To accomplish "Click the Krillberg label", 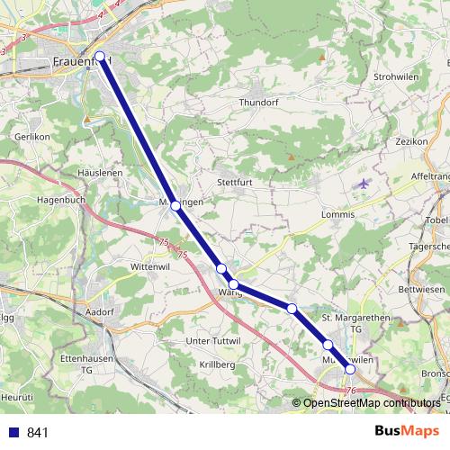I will pos(216,364).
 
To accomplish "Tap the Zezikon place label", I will pos(410,141).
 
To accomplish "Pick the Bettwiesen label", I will pos(421,289).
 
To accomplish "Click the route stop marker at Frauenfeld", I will pos(100,57).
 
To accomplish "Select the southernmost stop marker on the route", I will pos(350,368).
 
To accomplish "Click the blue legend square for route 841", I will pos(13,432).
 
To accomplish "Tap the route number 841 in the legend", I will pos(39,432).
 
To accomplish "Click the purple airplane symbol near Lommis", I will pos(362,184).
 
